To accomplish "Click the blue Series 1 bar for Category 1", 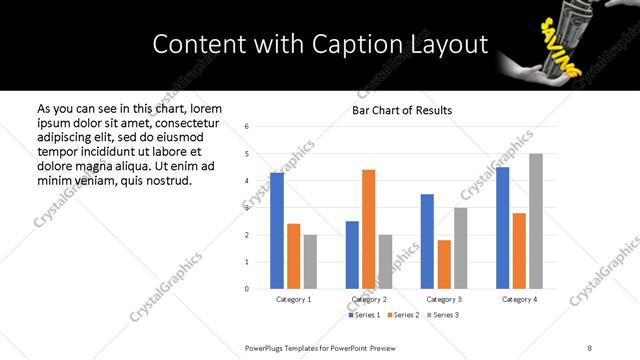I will coord(277,231).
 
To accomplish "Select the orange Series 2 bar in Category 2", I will coord(369,229).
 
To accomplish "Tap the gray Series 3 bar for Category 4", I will coord(536,221).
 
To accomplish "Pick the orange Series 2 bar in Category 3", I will coord(444,264).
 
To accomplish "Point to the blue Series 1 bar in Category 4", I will coord(503,228).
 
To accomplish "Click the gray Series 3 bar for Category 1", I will coord(310,262).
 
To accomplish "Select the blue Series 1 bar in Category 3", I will coord(427,241).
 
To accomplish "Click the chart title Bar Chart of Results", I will coord(402,110).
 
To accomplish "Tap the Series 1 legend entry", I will coord(364,315).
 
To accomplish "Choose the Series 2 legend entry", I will coord(402,315).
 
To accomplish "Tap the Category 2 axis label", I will coord(369,299).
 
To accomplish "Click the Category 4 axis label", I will coord(519,299).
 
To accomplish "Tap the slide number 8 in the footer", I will coord(589,347).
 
